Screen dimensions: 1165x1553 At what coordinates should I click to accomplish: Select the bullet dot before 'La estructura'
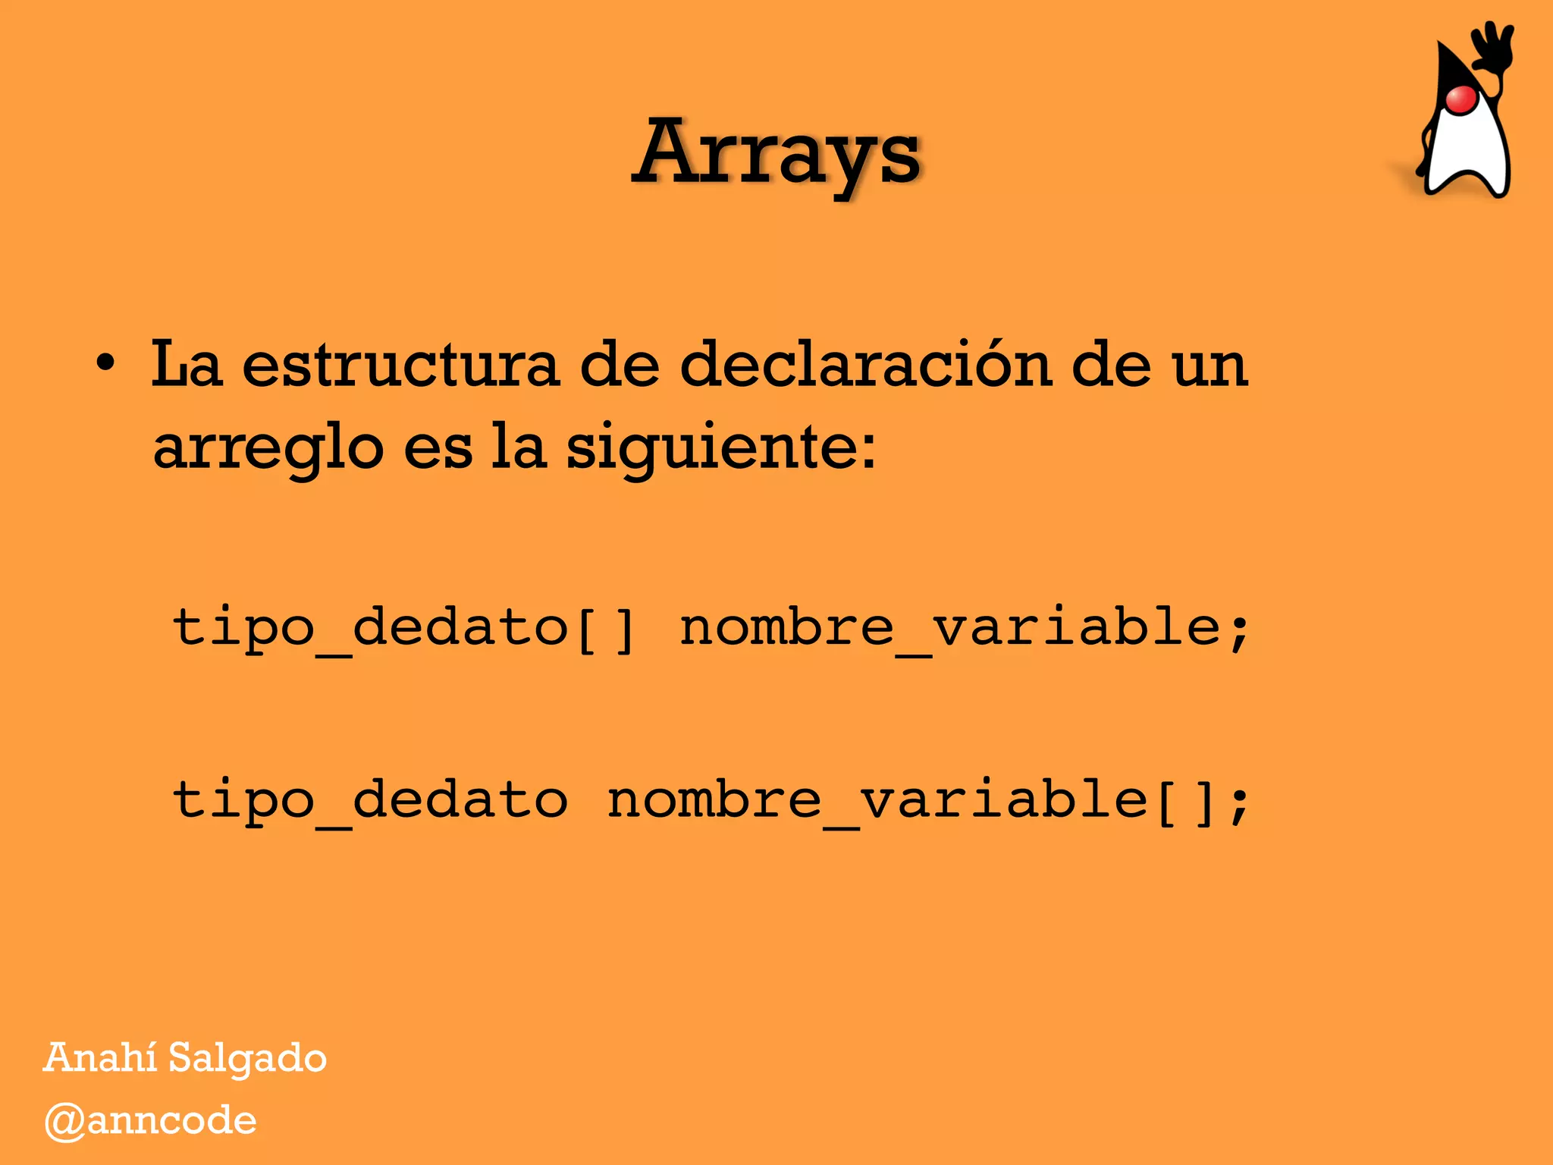pyautogui.click(x=106, y=363)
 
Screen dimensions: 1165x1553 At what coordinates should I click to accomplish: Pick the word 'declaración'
pyautogui.click(x=865, y=364)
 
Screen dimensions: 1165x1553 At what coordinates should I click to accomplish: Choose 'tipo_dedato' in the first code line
pyautogui.click(x=370, y=628)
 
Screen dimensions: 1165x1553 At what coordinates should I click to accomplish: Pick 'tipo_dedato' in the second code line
pyautogui.click(x=370, y=801)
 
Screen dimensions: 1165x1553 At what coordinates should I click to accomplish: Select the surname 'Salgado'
pyautogui.click(x=247, y=1059)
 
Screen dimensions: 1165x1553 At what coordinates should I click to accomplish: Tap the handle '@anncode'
pyautogui.click(x=150, y=1121)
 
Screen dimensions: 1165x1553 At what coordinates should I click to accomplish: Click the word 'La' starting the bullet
pyautogui.click(x=187, y=364)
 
